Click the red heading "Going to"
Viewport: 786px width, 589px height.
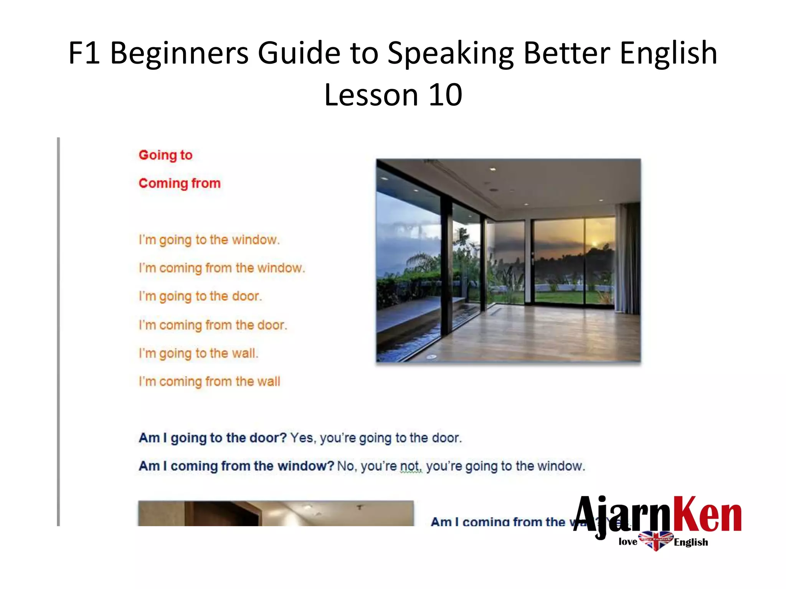[165, 155]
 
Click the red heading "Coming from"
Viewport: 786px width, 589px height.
[180, 183]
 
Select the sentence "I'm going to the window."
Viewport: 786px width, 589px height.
[209, 240]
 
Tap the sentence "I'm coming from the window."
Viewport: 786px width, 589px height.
[222, 268]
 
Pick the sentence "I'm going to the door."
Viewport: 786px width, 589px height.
[200, 296]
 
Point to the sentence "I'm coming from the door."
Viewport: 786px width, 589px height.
[213, 325]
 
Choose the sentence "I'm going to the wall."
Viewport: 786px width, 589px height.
[198, 353]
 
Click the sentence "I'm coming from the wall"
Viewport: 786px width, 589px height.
[210, 381]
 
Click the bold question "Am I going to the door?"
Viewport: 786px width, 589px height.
[213, 438]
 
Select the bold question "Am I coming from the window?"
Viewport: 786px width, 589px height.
[236, 466]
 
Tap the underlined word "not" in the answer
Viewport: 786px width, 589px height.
[411, 466]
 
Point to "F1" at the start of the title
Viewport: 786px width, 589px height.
[84, 53]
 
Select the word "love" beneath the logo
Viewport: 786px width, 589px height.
[628, 541]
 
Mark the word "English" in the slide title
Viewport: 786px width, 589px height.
[668, 53]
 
